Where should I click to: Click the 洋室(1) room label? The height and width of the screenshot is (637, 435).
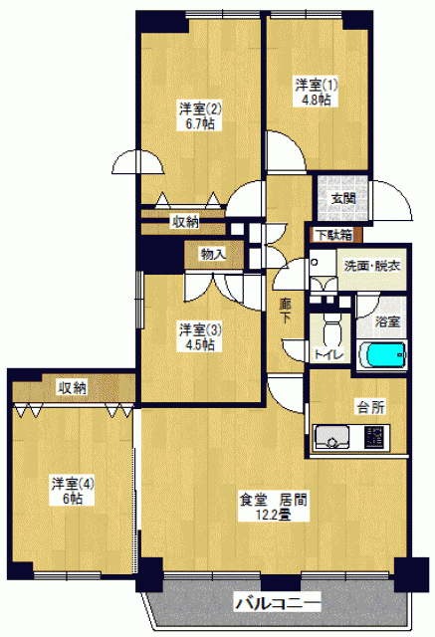316,86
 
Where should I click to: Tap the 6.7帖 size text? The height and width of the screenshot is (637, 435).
200,123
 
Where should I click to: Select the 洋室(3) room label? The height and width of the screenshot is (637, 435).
201,329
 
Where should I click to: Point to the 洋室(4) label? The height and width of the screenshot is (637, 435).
73,484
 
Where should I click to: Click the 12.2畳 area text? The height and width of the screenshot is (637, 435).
273,515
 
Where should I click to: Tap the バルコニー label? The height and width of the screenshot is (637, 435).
278,602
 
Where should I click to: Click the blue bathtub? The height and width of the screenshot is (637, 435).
382,355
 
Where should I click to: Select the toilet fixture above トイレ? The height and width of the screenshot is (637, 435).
331,330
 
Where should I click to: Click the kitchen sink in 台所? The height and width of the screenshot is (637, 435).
332,437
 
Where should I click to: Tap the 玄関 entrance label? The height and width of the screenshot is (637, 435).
343,199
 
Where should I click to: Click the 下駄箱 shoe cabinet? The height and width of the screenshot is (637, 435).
334,235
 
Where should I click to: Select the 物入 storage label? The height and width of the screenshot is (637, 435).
213,255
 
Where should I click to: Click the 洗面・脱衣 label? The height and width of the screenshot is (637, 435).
372,266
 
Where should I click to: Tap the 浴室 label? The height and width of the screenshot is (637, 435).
387,321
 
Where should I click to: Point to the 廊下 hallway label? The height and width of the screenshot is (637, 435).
285,312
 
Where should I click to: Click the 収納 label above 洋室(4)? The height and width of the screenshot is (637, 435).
73,387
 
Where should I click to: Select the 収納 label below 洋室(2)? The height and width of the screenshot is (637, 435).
185,222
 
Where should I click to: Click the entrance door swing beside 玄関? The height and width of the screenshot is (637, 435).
392,201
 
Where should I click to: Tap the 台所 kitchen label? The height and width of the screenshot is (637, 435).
371,407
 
